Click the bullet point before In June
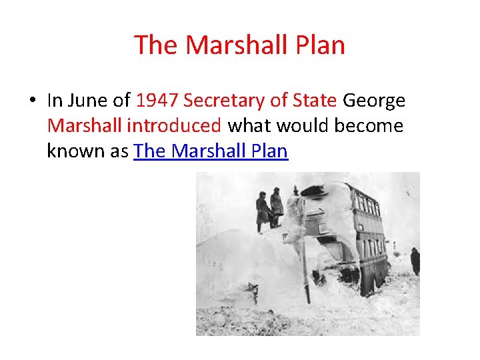point(31,101)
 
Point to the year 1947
point(157,101)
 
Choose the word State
point(314,101)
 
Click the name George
point(373,101)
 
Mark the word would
point(299,126)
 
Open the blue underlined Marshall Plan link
point(211,151)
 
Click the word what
point(250,126)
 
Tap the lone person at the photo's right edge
point(415,261)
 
